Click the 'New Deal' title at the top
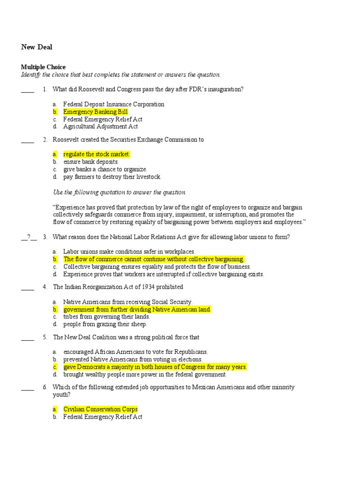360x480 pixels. tap(37, 47)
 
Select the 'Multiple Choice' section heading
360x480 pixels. tap(43, 67)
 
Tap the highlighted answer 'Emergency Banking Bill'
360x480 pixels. tap(95, 112)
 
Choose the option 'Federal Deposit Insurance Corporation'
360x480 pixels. tap(113, 105)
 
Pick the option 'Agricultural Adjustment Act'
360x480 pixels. tap(100, 127)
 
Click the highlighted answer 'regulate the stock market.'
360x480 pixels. tap(97, 154)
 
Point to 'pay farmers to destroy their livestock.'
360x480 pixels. tap(112, 177)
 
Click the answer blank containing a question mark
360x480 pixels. tap(28, 237)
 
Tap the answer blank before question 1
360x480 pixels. tap(28, 90)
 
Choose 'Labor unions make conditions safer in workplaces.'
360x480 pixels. tap(129, 252)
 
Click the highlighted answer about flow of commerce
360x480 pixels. tap(154, 259)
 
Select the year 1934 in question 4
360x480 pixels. tap(147, 287)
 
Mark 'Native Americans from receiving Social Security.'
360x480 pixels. tap(127, 302)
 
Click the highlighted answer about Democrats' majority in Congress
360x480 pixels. tap(155, 367)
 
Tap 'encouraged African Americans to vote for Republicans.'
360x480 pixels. tap(135, 352)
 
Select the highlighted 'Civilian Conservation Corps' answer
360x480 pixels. tap(100, 409)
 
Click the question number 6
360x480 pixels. tap(45, 387)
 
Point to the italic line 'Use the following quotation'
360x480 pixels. tap(119, 192)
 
